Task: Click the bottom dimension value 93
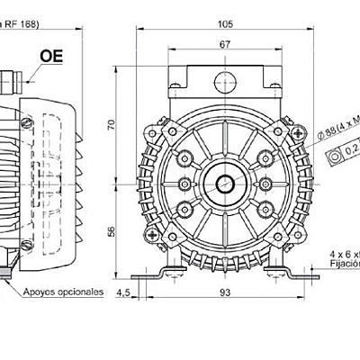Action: [x=226, y=292]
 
